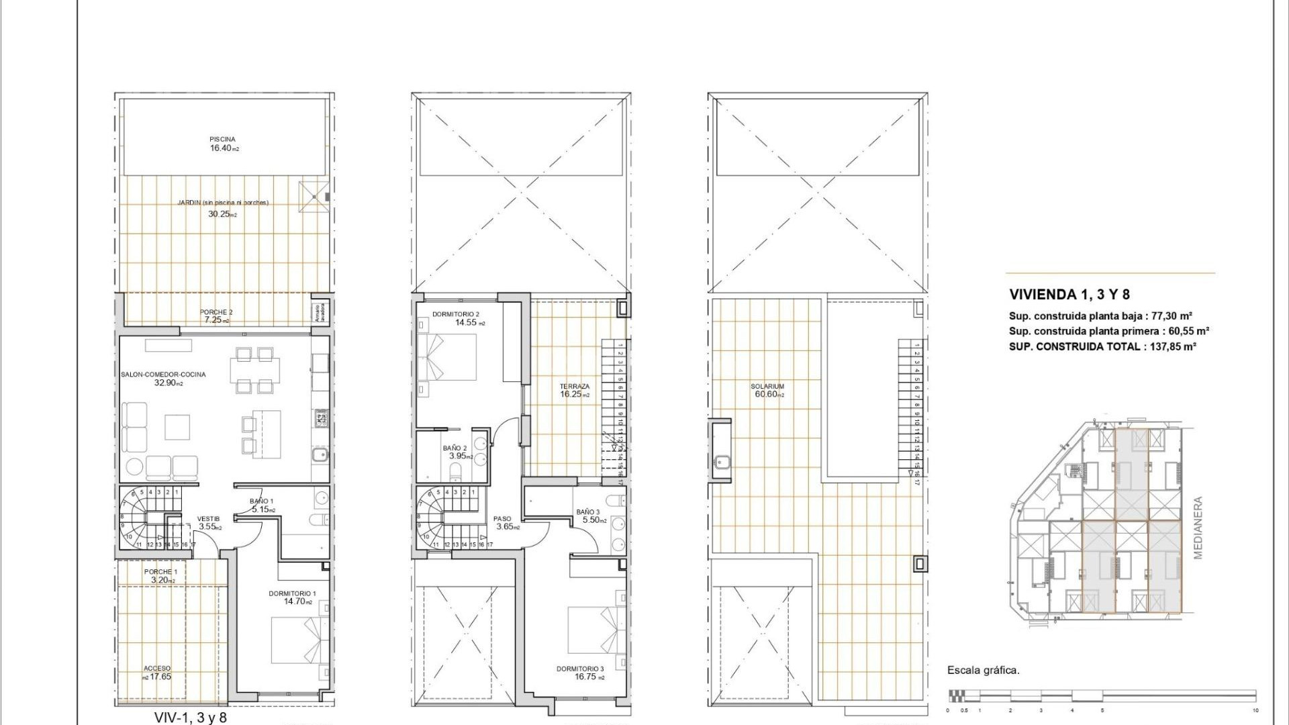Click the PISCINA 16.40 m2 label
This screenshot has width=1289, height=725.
[x=223, y=144]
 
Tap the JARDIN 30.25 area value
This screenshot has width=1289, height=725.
[x=222, y=214]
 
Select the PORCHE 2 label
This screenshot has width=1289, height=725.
[x=216, y=313]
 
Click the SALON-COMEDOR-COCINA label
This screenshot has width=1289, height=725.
[x=163, y=375]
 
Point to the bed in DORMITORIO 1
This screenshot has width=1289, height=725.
[x=296, y=640]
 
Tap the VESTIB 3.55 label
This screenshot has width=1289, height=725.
[x=208, y=523]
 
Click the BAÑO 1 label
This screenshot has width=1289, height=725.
[x=261, y=501]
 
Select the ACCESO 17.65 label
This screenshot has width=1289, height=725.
[x=157, y=673]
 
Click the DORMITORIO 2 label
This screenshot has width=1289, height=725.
[x=456, y=314]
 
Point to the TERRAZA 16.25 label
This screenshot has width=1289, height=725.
[x=575, y=390]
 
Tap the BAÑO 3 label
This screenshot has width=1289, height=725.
[x=588, y=512]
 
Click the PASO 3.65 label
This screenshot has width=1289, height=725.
[x=502, y=522]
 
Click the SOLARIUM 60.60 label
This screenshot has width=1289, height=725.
[x=767, y=390]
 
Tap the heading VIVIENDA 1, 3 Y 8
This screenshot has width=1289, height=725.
[x=1069, y=294]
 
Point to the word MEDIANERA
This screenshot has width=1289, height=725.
[x=1198, y=528]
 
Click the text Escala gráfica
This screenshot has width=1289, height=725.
[x=983, y=670]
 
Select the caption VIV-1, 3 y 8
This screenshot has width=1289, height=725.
[x=191, y=718]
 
